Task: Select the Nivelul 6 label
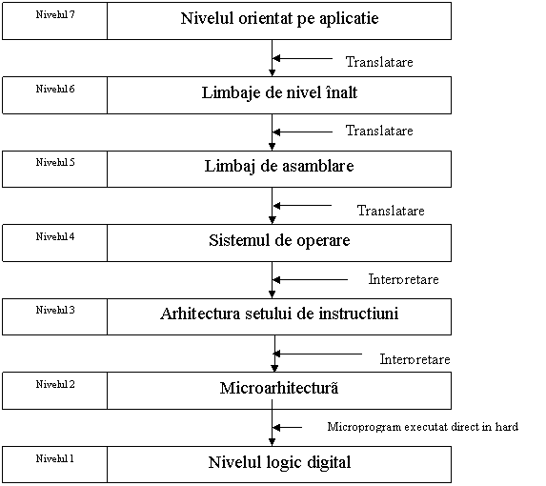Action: (x=55, y=89)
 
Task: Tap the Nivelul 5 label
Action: (x=55, y=162)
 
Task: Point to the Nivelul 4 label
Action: (x=55, y=236)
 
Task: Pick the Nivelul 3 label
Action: (x=55, y=311)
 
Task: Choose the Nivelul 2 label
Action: (x=55, y=384)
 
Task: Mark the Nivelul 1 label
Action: (x=55, y=458)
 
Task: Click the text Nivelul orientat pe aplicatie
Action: (x=279, y=19)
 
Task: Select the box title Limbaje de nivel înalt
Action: (x=279, y=93)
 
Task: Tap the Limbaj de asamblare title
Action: (x=279, y=167)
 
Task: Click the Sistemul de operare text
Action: (x=279, y=240)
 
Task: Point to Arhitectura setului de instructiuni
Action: (x=279, y=314)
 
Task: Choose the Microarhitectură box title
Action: (x=279, y=388)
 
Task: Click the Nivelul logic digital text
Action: (x=279, y=463)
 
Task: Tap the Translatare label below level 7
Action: (x=379, y=62)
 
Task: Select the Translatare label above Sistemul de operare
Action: (x=391, y=211)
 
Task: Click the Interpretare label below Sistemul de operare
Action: (x=404, y=279)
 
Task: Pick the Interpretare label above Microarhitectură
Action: (x=415, y=359)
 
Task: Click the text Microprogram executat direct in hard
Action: (x=423, y=427)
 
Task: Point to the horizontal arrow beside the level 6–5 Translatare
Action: (x=303, y=132)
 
